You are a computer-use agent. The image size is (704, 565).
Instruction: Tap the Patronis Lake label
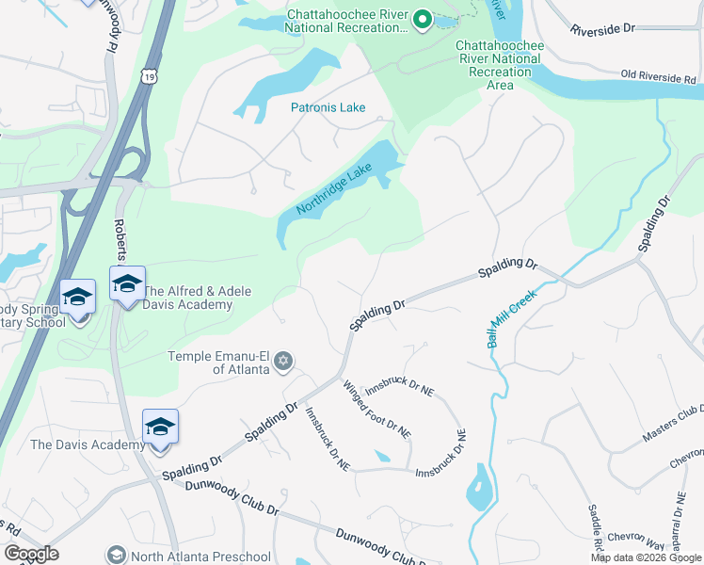(x=328, y=107)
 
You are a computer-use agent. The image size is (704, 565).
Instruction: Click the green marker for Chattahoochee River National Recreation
(x=423, y=19)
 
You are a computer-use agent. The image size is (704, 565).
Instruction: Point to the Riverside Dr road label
(x=609, y=30)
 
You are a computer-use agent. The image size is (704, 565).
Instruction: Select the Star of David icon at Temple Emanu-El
(x=284, y=361)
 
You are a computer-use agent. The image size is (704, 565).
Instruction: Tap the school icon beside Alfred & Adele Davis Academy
(x=127, y=282)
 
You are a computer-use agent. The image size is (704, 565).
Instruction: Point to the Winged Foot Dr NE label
(x=376, y=409)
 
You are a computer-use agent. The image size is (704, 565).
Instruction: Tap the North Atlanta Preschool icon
(x=117, y=556)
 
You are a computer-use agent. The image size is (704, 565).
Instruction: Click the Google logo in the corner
(x=30, y=554)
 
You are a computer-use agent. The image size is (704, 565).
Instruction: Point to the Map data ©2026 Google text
(x=645, y=557)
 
